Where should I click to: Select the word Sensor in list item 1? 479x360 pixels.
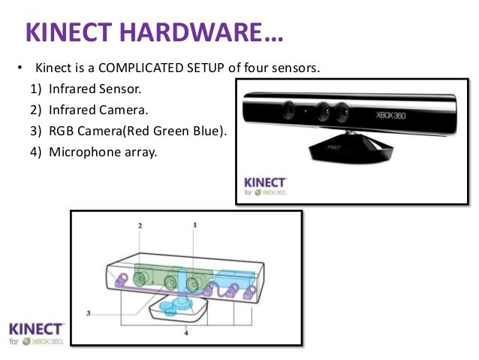[119, 89]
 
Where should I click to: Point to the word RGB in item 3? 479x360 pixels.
[62, 132]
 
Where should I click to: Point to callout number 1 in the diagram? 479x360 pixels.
[195, 224]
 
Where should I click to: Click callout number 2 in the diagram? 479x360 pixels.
[140, 225]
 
